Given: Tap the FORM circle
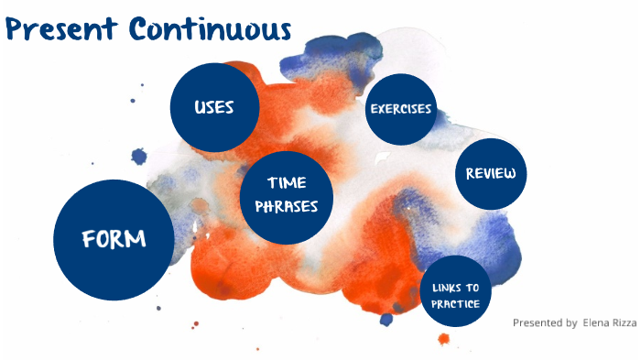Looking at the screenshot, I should click(x=114, y=240).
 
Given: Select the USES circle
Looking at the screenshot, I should click(x=214, y=107).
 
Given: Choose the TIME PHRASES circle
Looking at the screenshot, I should click(x=285, y=195).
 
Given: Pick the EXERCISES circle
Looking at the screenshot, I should click(x=400, y=109).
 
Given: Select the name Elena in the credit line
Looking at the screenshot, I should click(x=596, y=322).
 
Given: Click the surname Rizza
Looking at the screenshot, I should click(x=625, y=322).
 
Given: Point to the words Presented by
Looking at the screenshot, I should click(x=545, y=322).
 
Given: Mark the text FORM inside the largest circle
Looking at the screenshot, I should click(x=114, y=240).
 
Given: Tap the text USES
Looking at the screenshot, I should click(x=214, y=107).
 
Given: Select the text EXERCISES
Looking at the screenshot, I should click(x=400, y=109).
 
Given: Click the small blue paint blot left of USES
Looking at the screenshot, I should click(x=139, y=156).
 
